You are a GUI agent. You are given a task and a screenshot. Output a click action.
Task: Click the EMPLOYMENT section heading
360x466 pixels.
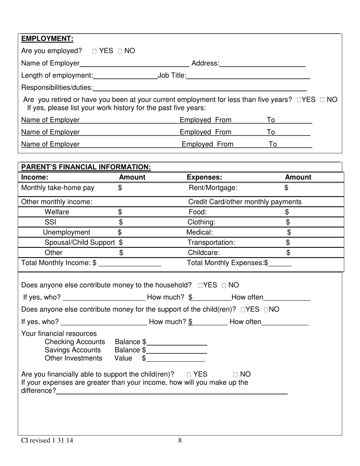click(47, 39)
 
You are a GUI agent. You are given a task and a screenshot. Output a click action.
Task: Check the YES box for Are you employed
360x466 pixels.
click(95, 51)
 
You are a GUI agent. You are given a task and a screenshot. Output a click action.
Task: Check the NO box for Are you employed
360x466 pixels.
click(120, 51)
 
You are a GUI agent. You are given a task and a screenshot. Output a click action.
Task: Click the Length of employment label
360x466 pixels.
click(57, 76)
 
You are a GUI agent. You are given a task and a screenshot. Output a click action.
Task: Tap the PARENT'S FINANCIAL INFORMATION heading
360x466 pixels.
click(86, 167)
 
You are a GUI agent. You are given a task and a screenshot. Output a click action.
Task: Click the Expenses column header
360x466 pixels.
click(204, 177)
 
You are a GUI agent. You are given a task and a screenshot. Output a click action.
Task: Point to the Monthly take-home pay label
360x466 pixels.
click(58, 188)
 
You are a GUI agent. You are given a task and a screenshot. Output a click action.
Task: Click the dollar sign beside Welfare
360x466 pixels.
click(120, 212)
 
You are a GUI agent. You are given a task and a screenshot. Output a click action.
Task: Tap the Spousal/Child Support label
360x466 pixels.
click(80, 242)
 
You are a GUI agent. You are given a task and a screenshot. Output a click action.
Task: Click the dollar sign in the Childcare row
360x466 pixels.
click(288, 253)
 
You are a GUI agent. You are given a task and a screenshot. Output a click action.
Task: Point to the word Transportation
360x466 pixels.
click(211, 242)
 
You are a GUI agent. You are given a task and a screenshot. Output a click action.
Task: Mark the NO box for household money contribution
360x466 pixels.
click(224, 285)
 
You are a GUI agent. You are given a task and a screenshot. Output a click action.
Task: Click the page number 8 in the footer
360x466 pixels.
click(180, 440)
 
